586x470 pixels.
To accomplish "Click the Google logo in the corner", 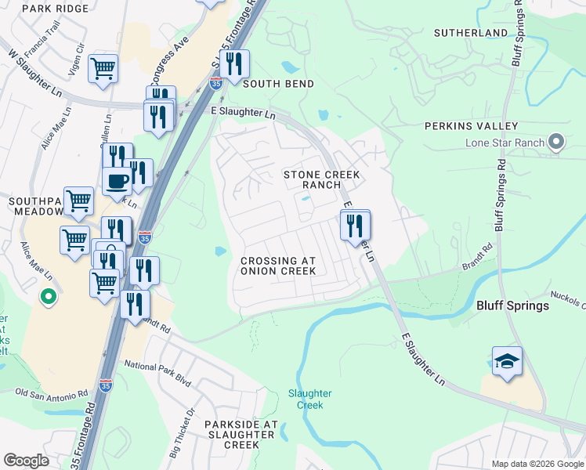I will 26,461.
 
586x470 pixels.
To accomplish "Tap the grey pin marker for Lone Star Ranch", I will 556,142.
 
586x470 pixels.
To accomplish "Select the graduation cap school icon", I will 507,361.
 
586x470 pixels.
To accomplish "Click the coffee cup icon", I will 117,181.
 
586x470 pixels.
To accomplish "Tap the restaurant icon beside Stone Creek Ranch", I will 355,226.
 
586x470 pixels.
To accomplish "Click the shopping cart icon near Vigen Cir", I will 103,69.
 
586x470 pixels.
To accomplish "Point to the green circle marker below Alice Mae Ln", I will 48,297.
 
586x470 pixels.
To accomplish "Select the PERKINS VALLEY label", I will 471,126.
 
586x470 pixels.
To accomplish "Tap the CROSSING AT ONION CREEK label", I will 278,266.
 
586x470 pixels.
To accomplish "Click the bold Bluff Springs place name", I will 513,305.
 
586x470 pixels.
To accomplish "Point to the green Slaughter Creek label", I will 309,399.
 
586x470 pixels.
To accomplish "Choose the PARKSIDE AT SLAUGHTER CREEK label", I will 241,434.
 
